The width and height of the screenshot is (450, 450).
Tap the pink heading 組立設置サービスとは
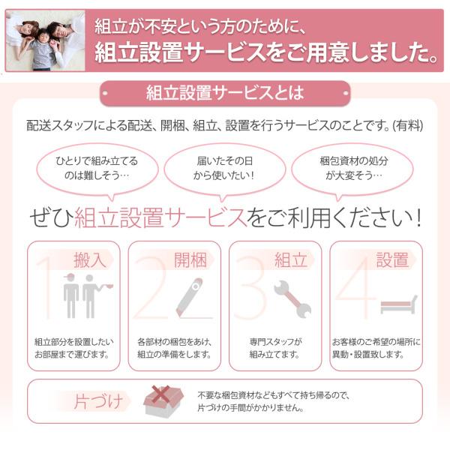click(225, 94)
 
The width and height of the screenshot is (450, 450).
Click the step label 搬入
click(90, 260)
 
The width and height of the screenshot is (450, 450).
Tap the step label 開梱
click(190, 260)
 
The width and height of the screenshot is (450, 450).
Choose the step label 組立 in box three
click(291, 260)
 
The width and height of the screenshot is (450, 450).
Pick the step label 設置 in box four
click(392, 260)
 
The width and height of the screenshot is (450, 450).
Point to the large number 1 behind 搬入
click(45, 289)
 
